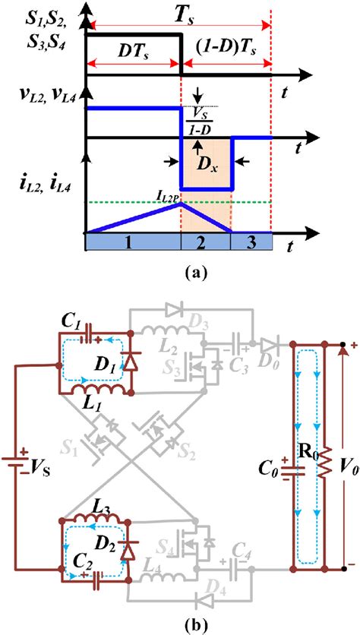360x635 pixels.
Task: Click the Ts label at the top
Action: tap(182, 14)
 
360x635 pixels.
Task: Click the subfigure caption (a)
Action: tap(180, 268)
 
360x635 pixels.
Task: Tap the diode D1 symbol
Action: tap(130, 363)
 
